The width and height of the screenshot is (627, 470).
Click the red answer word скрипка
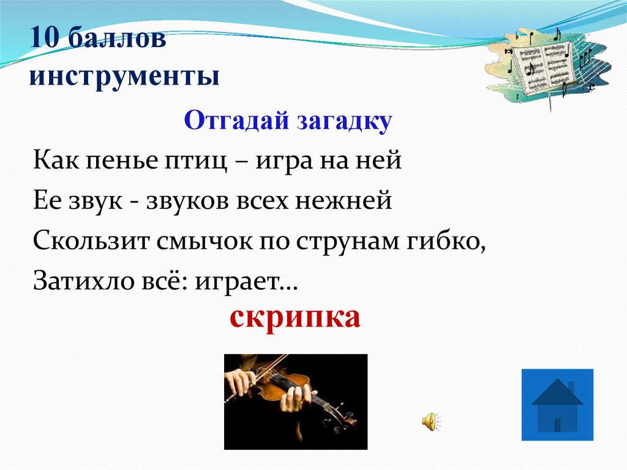(295, 317)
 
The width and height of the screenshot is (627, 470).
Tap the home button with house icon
(557, 404)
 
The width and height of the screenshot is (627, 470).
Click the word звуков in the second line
(188, 201)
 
